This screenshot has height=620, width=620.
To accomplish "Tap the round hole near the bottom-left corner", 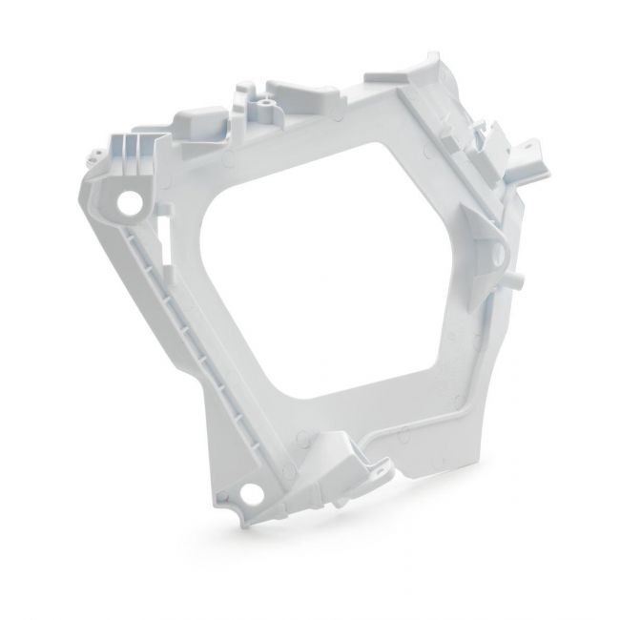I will click(x=252, y=493).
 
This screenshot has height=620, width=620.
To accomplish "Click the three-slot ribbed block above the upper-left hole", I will click(x=133, y=154).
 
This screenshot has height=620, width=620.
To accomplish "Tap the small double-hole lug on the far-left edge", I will click(x=94, y=152).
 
